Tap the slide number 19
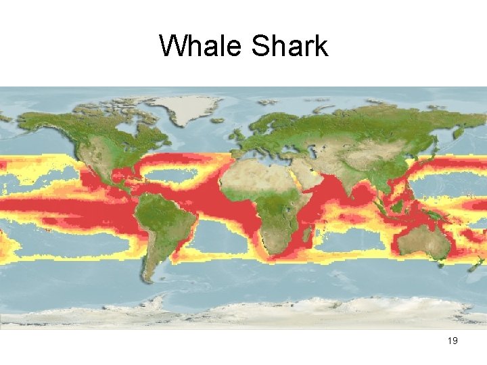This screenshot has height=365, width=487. click(x=453, y=341)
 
